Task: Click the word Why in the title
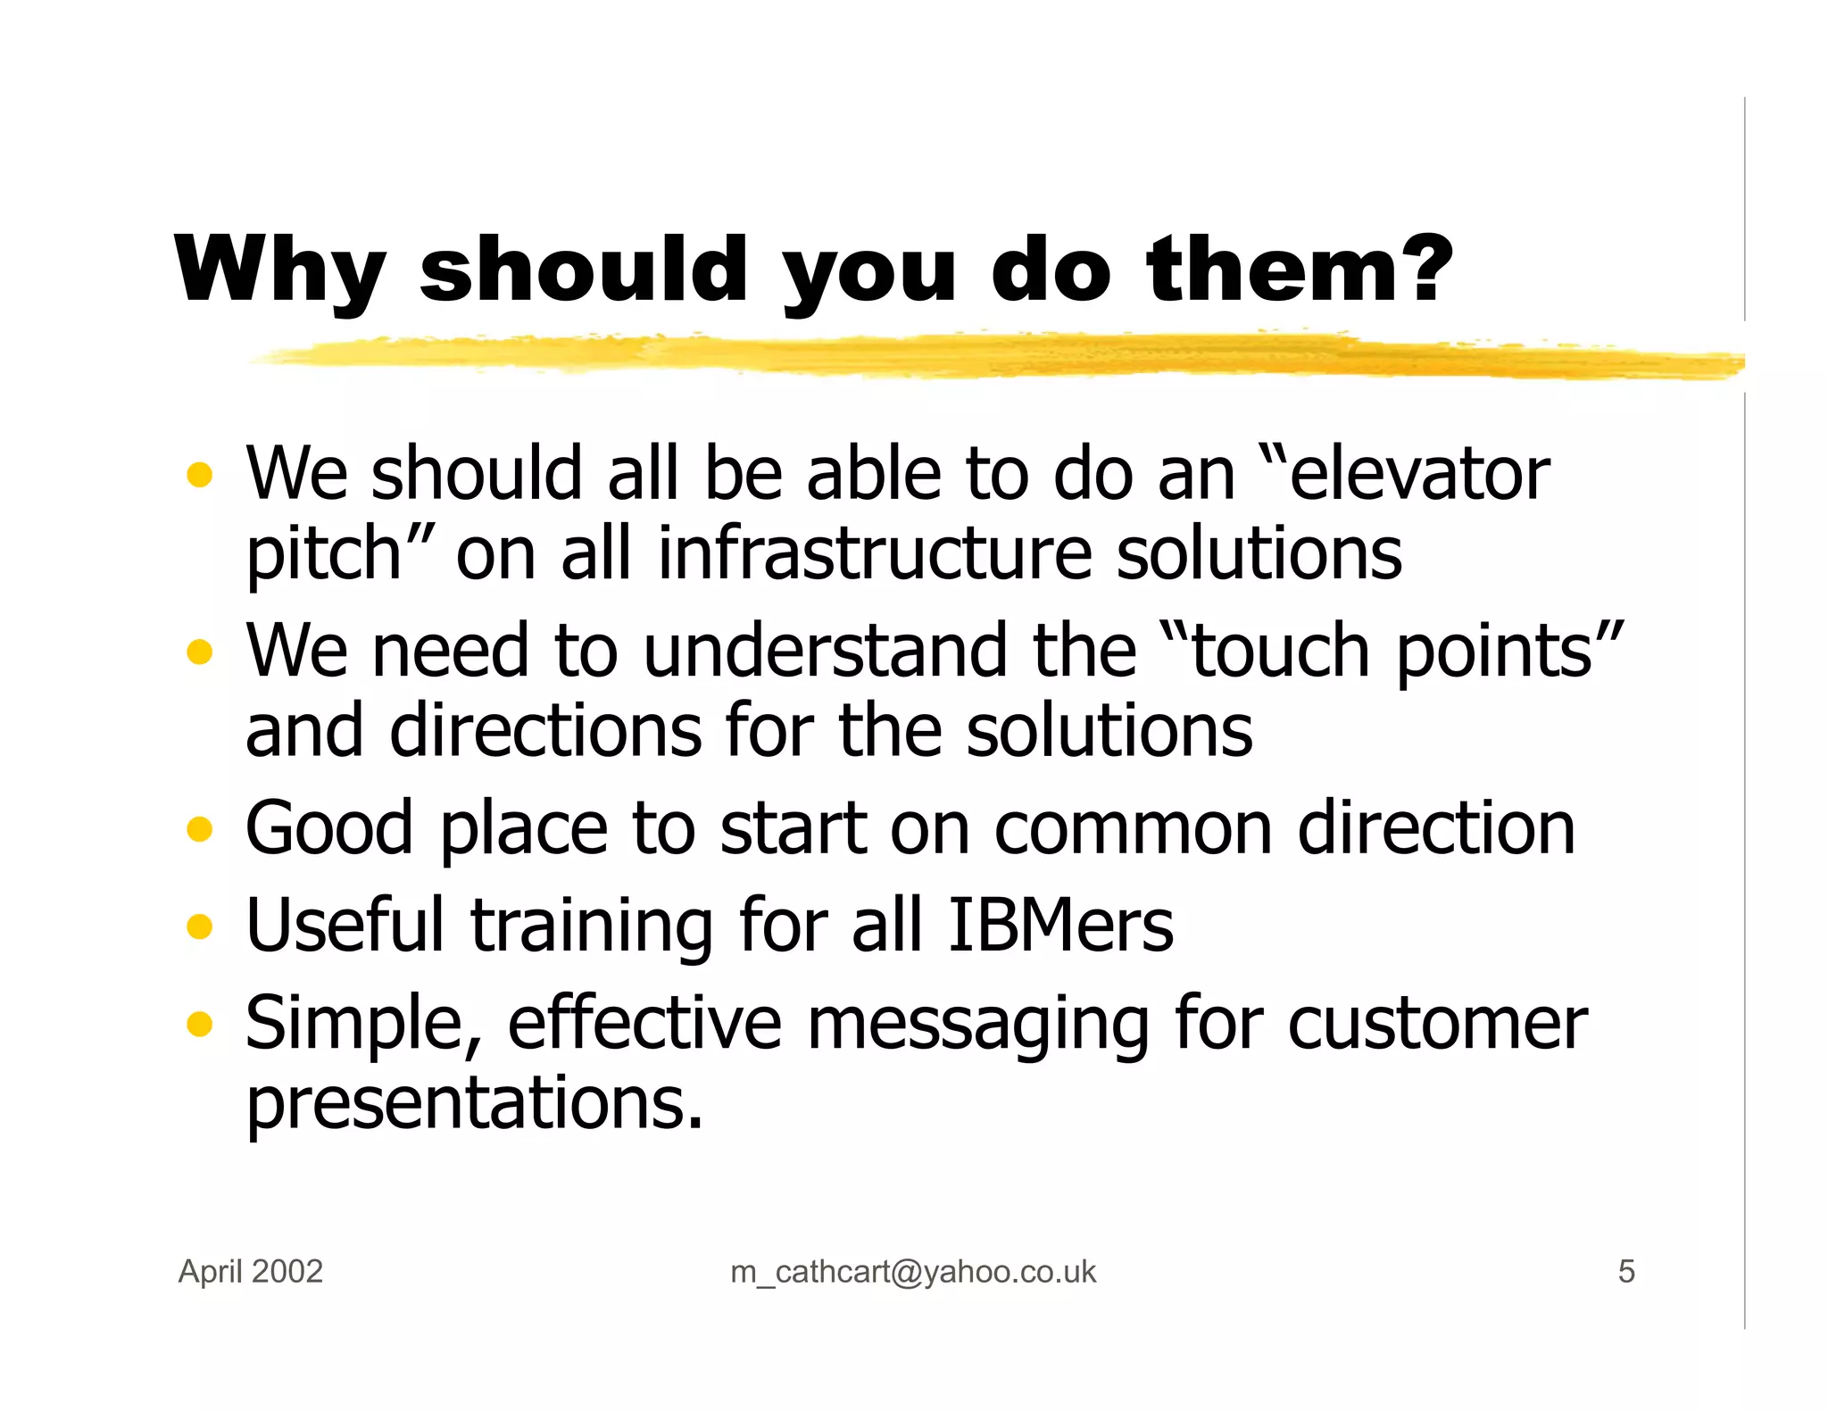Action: coord(279,270)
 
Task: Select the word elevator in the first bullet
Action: coord(1419,474)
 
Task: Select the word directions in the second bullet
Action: coord(545,731)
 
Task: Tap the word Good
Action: coord(329,829)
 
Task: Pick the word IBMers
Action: coord(1060,926)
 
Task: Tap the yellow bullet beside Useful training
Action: coord(200,926)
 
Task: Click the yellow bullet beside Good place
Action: coord(200,829)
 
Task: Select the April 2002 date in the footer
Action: coord(251,1271)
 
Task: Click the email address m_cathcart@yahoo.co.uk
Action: coord(912,1272)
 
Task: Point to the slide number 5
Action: coord(1626,1271)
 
